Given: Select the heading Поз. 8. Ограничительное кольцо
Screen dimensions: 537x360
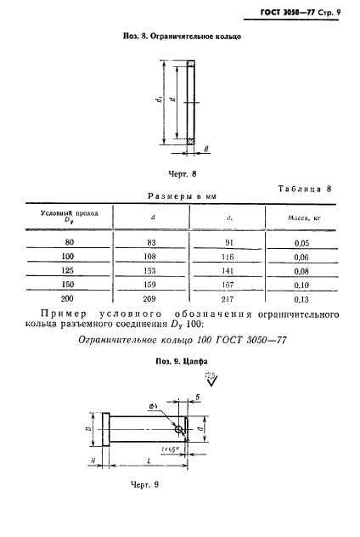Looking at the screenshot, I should point(180,38).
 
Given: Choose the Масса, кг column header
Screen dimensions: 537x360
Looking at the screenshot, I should point(305,218).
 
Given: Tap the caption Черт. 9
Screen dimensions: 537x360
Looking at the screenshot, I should point(145,483).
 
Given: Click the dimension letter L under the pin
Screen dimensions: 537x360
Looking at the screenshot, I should point(149,459).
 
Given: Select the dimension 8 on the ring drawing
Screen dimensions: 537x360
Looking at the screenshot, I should point(206,150).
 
